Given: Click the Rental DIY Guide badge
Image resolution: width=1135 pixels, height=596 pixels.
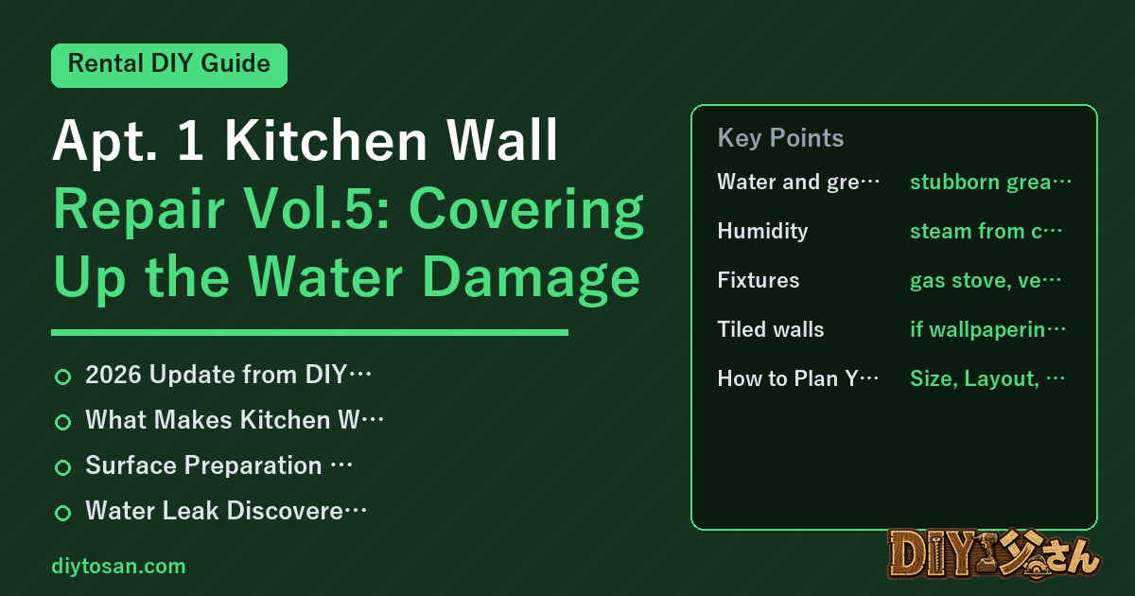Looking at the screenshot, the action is pyautogui.click(x=169, y=65).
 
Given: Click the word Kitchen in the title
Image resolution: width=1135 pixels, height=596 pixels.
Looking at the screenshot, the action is pyautogui.click(x=325, y=140).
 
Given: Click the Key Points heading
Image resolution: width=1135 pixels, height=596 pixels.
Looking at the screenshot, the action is pyautogui.click(x=780, y=137).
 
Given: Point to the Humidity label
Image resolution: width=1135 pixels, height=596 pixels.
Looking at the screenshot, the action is pyautogui.click(x=762, y=231).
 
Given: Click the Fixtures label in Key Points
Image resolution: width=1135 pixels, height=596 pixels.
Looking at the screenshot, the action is pyautogui.click(x=759, y=280).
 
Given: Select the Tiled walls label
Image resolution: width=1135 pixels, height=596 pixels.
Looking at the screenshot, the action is pyautogui.click(x=771, y=329).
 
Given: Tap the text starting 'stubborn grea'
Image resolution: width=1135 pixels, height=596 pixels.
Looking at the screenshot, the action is pyautogui.click(x=990, y=182).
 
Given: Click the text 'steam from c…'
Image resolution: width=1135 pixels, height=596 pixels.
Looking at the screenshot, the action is pyautogui.click(x=986, y=231).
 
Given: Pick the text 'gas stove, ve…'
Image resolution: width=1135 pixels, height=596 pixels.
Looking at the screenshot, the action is pyautogui.click(x=986, y=280).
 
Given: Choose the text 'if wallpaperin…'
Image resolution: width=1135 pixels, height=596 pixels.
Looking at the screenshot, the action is pyautogui.click(x=988, y=329).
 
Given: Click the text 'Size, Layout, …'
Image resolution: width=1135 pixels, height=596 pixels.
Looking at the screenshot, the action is pyautogui.click(x=987, y=378).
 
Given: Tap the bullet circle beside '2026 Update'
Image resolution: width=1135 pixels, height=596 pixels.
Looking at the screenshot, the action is pyautogui.click(x=62, y=377).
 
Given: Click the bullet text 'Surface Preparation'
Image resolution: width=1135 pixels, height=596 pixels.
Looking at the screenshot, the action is pyautogui.click(x=203, y=465).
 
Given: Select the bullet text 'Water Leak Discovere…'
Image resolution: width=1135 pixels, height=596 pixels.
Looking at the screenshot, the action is pyautogui.click(x=226, y=510).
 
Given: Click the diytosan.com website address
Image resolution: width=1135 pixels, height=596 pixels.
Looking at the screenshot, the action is pyautogui.click(x=118, y=566).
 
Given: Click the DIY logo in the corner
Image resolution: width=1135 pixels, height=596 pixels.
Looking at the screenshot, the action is pyautogui.click(x=994, y=554).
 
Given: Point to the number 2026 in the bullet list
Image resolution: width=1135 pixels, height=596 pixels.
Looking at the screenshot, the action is pyautogui.click(x=113, y=375).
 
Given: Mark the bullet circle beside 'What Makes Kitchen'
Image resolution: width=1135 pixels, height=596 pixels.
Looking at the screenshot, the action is pyautogui.click(x=62, y=422).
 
